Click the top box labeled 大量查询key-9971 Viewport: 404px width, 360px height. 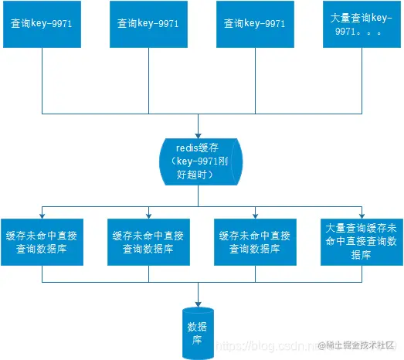point(362,29)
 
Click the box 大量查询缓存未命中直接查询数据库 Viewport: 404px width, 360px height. point(362,241)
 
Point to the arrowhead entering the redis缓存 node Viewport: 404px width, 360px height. point(199,132)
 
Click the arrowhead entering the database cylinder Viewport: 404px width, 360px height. point(200,301)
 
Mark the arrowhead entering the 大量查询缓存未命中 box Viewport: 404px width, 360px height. point(362,214)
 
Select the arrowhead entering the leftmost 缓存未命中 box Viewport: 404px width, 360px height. point(41,214)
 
